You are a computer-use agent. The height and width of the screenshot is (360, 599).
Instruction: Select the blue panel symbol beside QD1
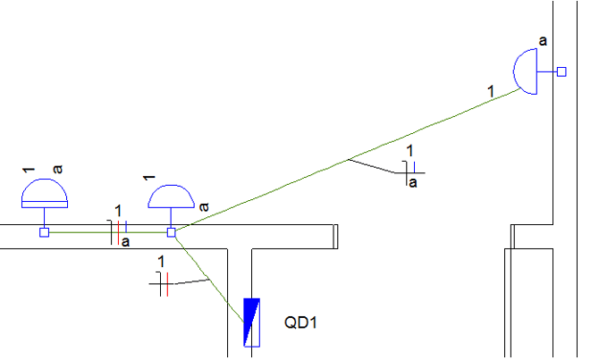(x=251, y=322)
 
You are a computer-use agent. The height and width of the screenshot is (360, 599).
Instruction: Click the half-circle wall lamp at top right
(x=527, y=71)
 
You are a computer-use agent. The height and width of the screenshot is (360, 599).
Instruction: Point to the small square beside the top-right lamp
(x=561, y=71)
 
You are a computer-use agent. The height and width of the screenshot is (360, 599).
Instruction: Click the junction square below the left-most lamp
(x=44, y=232)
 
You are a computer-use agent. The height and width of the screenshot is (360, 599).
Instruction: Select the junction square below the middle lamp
(x=171, y=232)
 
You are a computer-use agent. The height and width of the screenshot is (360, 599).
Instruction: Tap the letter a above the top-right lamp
(x=544, y=41)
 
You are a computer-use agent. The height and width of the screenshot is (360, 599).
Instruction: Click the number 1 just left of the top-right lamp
(x=490, y=90)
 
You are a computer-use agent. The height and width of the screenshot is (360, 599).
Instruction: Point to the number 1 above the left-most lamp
(x=28, y=169)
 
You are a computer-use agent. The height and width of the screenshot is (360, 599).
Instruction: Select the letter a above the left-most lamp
(x=57, y=168)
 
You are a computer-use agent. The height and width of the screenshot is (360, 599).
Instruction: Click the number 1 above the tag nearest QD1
(x=161, y=261)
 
